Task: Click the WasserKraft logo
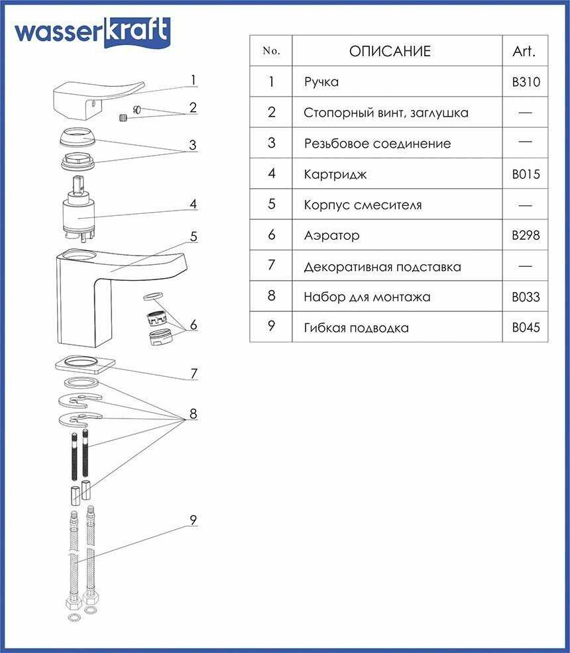pos(92,32)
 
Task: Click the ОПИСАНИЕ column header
pos(390,51)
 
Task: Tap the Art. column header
pos(524,51)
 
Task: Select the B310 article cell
pos(526,81)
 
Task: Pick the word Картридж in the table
pos(335,174)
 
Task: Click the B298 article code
pos(526,235)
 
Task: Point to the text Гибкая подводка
pos(356,328)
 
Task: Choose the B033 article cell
pos(526,297)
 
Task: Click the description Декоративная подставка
pos(382,266)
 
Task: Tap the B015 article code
pos(526,174)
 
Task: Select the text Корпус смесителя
pos(363,205)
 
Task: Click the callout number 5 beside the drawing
pos(194,236)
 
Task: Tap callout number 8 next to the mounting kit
pos(193,413)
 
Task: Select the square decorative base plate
pos(85,365)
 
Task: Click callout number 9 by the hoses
pos(193,520)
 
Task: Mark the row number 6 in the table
pos(272,234)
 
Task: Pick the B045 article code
pos(526,327)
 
